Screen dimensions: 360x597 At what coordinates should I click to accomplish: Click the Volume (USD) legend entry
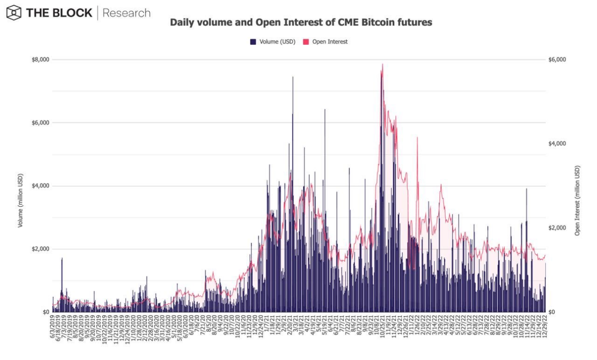277,42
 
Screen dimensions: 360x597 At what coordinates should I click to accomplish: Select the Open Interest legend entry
330,42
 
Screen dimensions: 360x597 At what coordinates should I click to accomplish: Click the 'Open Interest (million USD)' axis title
577,200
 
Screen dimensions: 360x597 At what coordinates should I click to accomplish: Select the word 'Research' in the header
126,13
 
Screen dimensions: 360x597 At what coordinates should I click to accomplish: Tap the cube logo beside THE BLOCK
14,13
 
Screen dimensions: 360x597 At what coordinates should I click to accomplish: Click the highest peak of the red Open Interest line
382,64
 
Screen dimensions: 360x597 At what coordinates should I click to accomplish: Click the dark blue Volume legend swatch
253,42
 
